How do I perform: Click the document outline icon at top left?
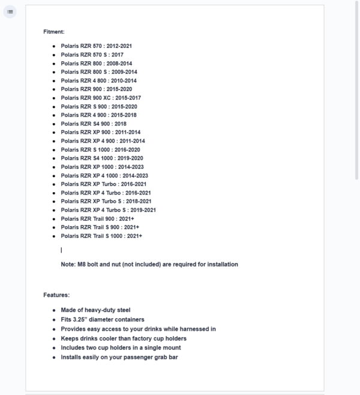point(10,11)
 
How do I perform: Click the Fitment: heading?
point(54,32)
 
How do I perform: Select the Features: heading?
point(56,295)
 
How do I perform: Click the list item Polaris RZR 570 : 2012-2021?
point(96,46)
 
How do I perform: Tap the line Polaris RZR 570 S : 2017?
point(92,55)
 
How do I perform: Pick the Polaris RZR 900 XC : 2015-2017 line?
point(101,98)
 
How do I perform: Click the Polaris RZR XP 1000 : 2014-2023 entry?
point(102,167)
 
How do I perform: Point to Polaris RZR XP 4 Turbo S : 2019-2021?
point(108,210)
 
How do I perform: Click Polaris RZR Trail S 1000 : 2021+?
point(101,236)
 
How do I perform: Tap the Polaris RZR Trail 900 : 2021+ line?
point(97,219)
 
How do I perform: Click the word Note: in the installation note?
point(68,264)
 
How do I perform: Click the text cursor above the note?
point(61,250)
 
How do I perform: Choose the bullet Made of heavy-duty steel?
point(95,310)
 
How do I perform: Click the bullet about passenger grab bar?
point(119,357)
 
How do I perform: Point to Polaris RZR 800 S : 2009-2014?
point(98,72)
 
